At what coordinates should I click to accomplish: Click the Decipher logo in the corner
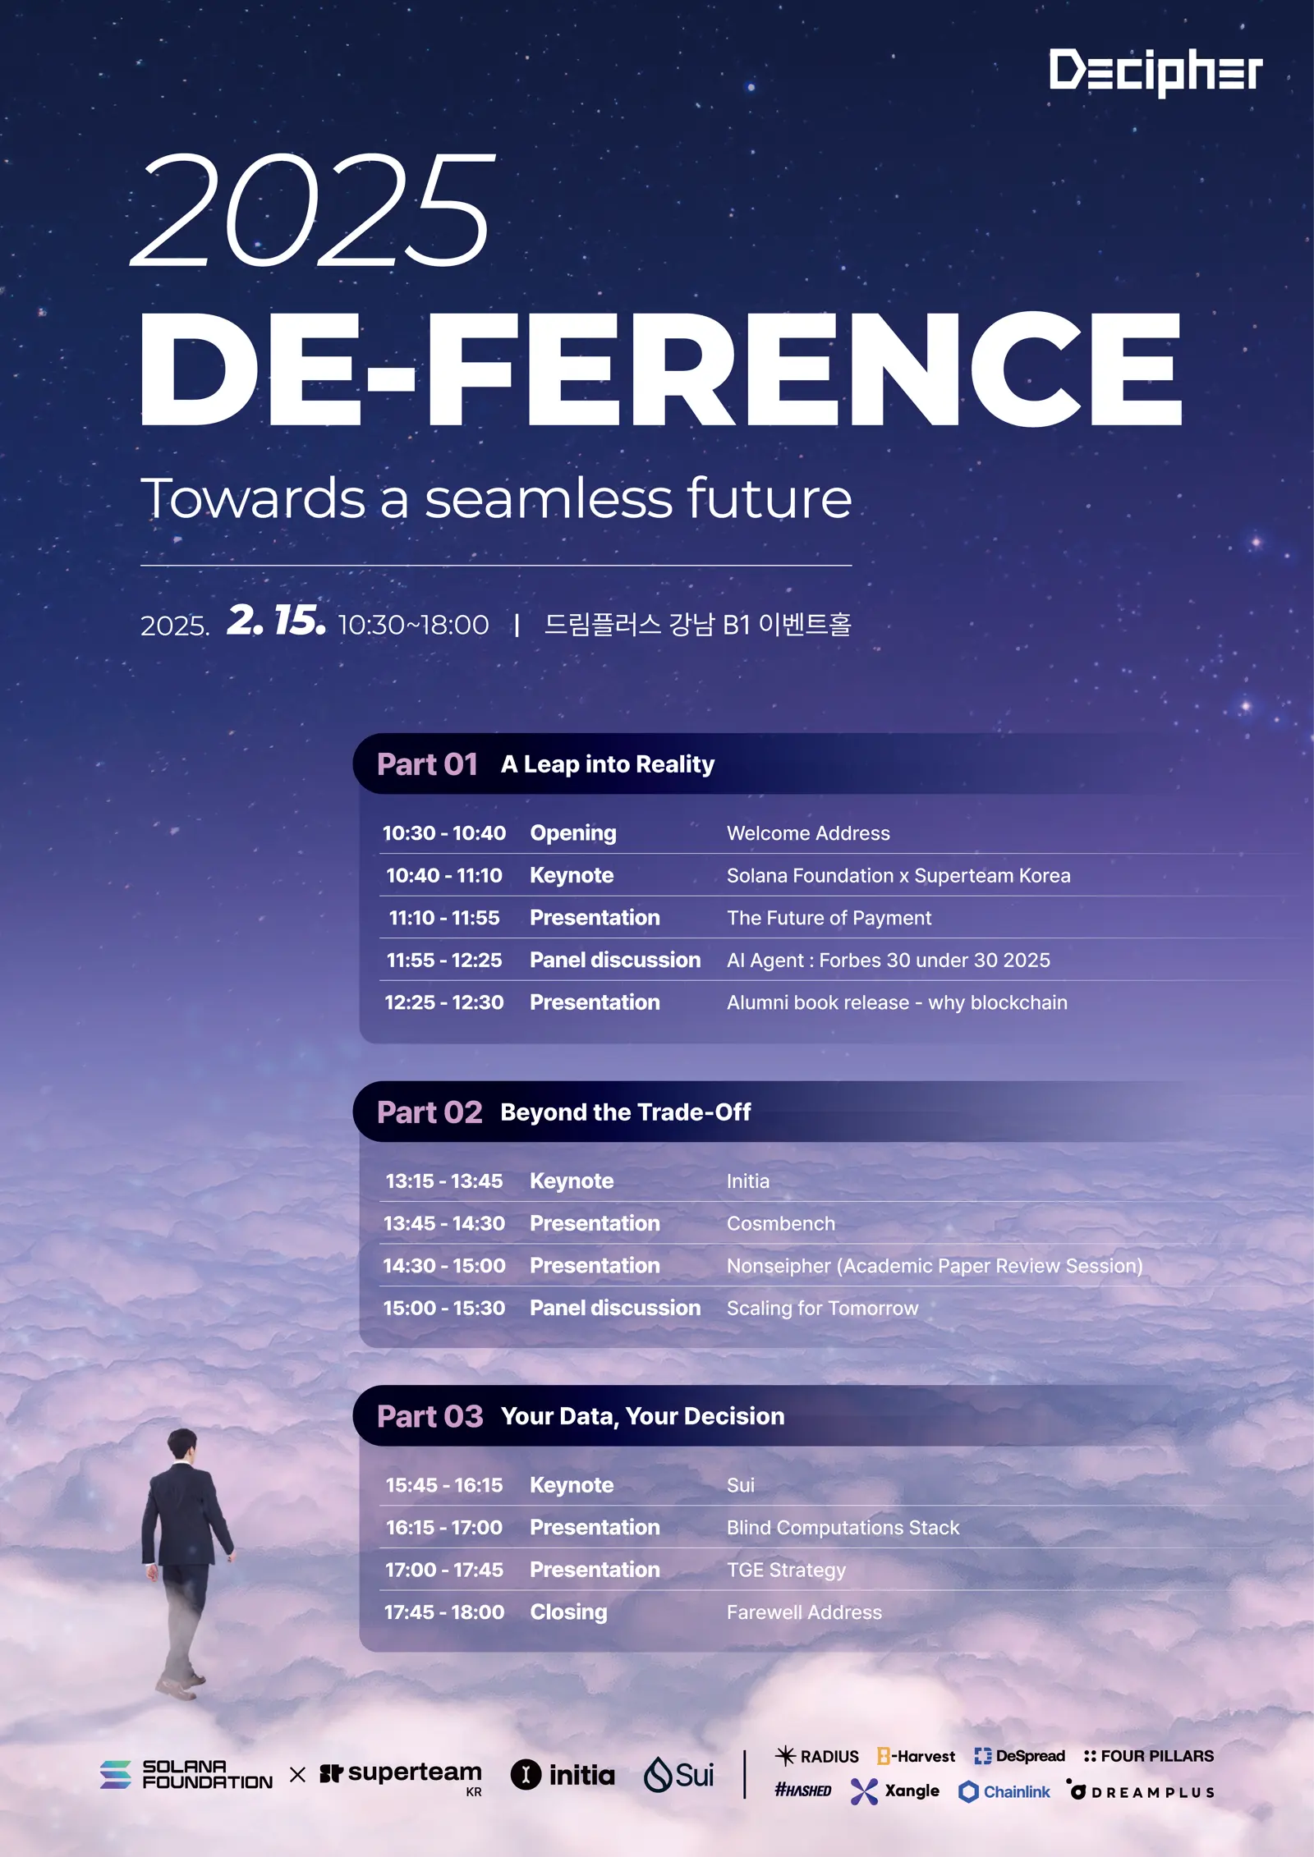(x=1155, y=72)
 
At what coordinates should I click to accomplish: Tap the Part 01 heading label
(x=427, y=764)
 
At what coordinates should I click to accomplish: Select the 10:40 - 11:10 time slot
(x=444, y=875)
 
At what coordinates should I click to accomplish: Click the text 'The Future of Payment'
(x=829, y=918)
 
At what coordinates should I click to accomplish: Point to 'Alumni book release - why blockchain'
(x=897, y=1002)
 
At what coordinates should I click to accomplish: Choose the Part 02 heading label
(x=430, y=1112)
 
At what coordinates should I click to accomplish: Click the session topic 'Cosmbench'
(x=780, y=1223)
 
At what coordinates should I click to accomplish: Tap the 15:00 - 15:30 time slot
(x=444, y=1308)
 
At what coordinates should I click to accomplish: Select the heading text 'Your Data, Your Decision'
(x=642, y=1416)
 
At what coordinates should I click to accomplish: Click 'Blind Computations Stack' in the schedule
(x=843, y=1528)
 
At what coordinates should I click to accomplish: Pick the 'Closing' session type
(x=568, y=1612)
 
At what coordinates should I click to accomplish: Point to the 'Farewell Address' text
(x=804, y=1612)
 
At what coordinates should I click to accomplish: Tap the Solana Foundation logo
(x=186, y=1774)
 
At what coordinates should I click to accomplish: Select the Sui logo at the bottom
(x=678, y=1775)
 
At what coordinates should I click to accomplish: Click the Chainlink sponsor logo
(x=1004, y=1791)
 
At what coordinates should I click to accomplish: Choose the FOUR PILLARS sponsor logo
(x=1148, y=1756)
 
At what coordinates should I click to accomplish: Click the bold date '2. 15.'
(x=276, y=621)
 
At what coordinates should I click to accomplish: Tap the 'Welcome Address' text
(x=808, y=833)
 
